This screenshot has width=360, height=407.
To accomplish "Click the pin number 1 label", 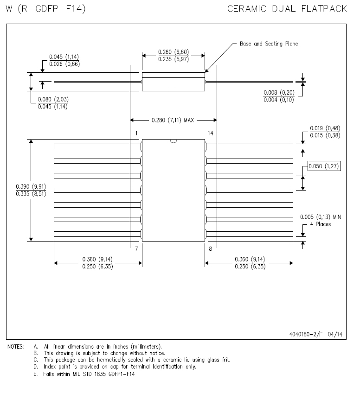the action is point(136,133).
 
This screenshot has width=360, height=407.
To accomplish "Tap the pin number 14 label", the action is point(211,133).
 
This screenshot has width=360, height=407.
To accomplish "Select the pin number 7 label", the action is point(136,248).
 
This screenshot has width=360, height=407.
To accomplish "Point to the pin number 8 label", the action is point(211,248).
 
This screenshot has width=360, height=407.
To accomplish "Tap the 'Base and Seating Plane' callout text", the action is point(269,44).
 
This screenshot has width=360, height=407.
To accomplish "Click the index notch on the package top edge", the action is point(174,141).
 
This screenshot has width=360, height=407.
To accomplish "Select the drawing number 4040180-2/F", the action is point(306,334).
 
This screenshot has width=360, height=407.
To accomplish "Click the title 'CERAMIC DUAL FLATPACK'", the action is point(287,9).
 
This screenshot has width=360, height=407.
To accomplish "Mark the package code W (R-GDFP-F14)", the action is point(45,9).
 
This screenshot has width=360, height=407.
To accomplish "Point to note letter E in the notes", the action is point(35,374).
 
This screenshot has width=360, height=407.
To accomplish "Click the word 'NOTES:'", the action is point(16,347).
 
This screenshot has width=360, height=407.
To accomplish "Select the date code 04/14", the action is point(335,334).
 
